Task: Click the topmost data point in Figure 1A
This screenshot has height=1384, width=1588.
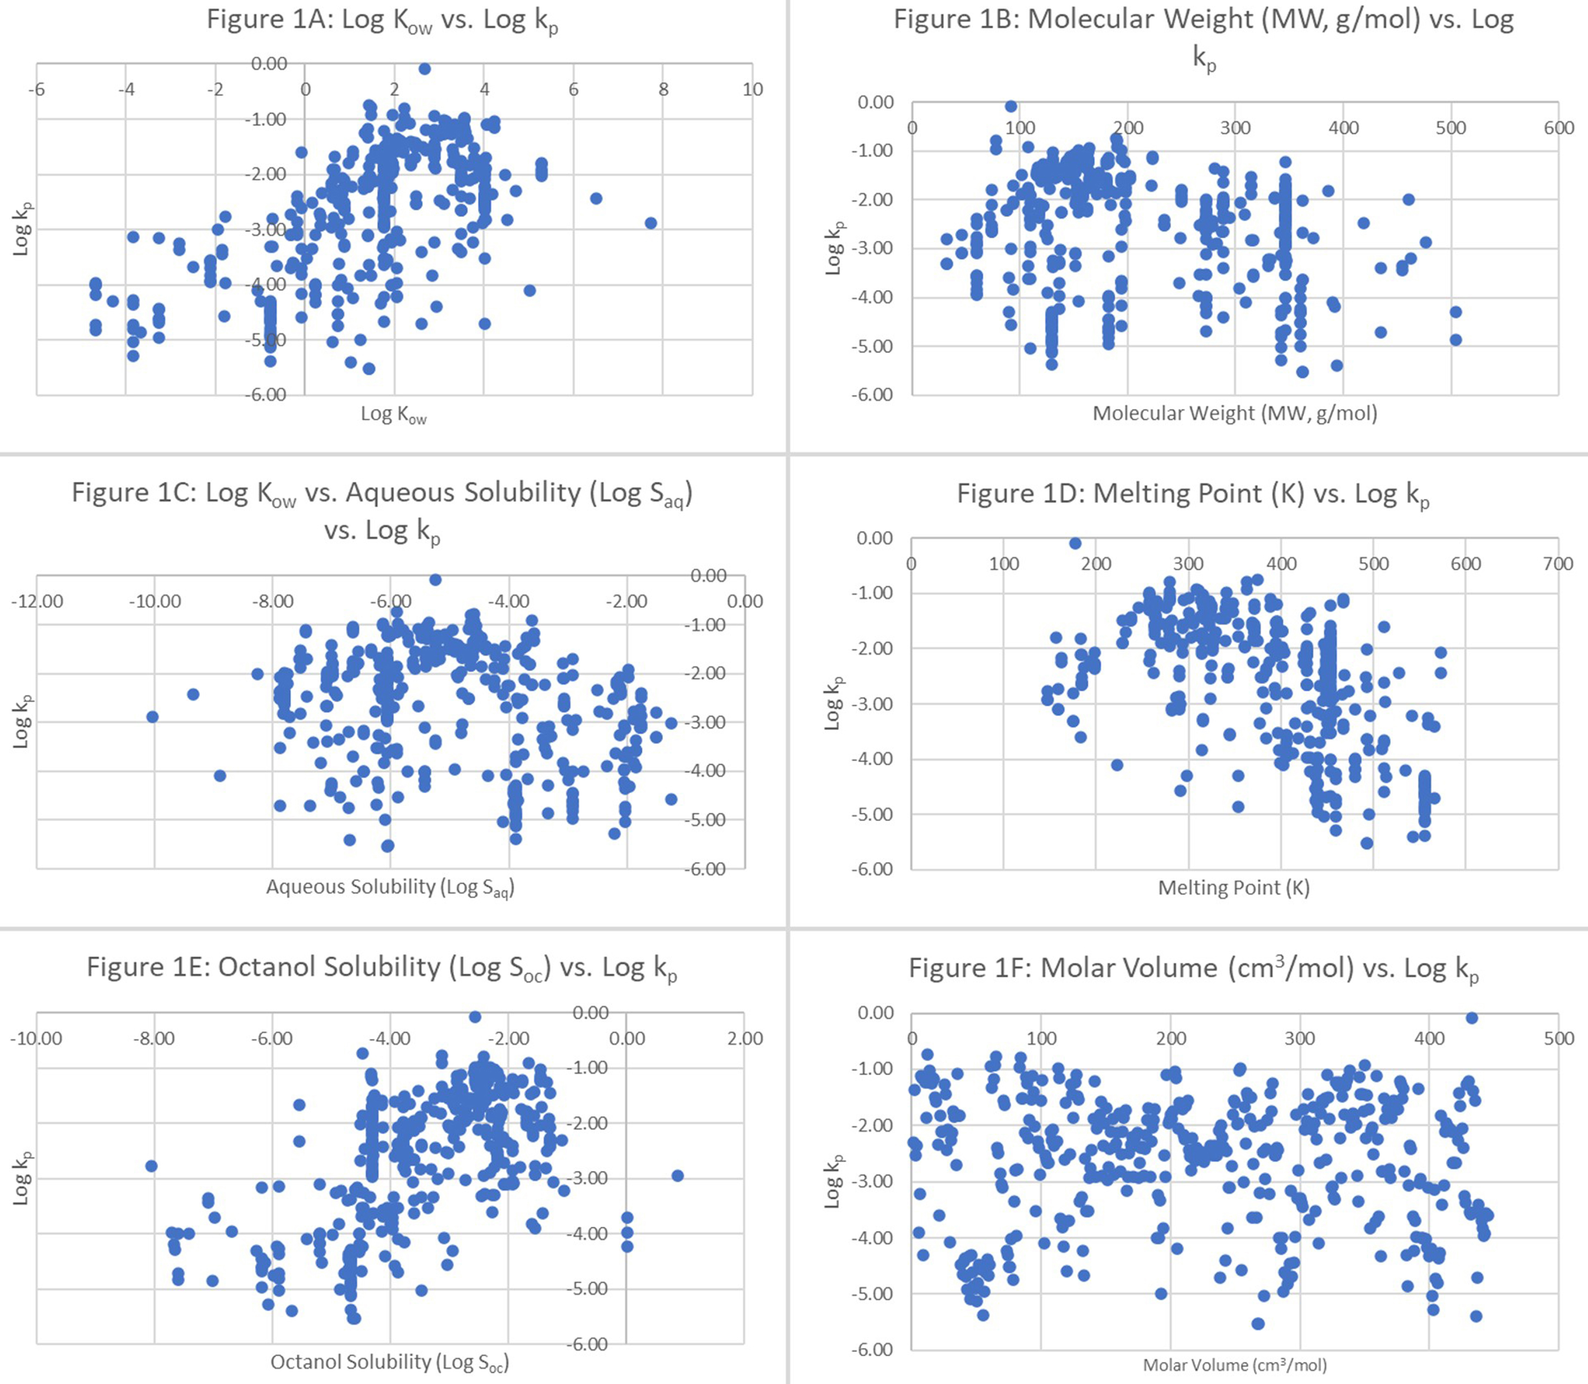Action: click(x=424, y=69)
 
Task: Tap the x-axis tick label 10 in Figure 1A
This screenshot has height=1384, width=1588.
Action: click(x=752, y=90)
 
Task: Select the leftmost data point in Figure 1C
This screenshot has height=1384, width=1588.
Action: click(x=152, y=717)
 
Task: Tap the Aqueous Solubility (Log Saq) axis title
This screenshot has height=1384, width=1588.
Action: click(x=390, y=887)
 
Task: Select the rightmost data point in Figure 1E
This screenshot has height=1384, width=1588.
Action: click(x=677, y=1176)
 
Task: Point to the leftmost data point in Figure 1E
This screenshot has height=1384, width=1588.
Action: click(x=151, y=1166)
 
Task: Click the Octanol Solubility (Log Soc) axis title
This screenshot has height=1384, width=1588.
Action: click(x=389, y=1361)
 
